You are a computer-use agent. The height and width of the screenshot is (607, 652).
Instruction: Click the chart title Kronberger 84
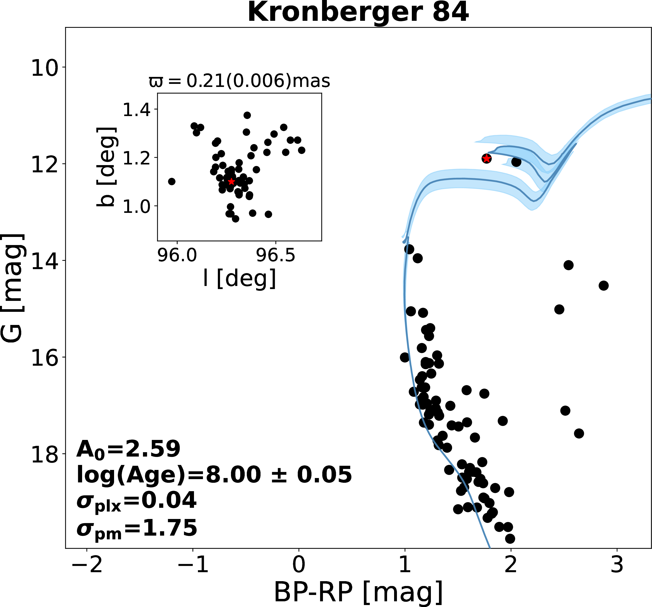358,12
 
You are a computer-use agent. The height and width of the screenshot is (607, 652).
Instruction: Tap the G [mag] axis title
12,288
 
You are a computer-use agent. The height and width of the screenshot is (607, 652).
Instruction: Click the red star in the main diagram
486,159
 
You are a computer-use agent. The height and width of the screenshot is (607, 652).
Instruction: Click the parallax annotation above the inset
240,81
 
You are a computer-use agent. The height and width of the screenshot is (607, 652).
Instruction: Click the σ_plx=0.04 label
136,501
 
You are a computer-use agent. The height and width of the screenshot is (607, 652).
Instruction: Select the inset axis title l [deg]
240,278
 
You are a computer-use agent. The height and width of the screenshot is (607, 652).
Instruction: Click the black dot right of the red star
516,162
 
